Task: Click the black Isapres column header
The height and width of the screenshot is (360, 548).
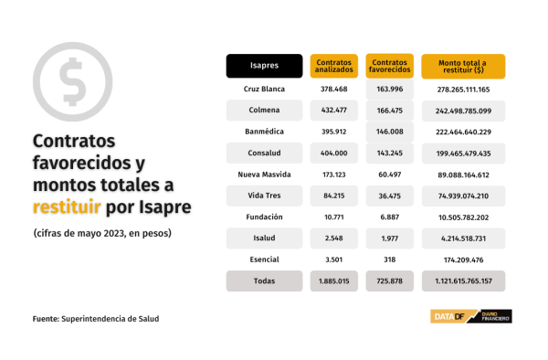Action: [264, 66]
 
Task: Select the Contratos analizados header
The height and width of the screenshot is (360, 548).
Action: [333, 66]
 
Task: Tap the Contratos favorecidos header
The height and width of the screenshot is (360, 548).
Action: [390, 66]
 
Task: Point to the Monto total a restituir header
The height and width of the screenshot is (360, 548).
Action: [463, 67]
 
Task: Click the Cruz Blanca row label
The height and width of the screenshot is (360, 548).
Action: [264, 90]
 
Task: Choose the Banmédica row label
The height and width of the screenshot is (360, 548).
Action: [264, 132]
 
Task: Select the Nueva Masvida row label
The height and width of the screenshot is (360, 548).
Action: [264, 175]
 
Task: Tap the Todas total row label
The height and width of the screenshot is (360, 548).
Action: [264, 281]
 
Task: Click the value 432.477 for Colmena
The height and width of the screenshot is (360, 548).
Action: [333, 110]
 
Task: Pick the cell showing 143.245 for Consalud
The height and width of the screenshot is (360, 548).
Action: [390, 154]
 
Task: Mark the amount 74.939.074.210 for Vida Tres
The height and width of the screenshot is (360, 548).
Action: [463, 196]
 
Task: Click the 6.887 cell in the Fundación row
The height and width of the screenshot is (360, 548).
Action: [390, 217]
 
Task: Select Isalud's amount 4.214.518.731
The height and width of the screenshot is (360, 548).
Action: [463, 238]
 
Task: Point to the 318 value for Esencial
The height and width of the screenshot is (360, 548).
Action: [390, 259]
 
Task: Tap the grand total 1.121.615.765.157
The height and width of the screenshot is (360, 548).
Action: [463, 281]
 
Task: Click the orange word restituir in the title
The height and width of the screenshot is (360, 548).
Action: [67, 206]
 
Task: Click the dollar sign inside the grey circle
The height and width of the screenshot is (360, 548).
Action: [73, 81]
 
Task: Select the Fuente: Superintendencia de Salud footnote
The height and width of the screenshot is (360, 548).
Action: [96, 319]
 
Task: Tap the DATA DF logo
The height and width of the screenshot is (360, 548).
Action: [471, 316]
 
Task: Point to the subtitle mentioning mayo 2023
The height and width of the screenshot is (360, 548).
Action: [102, 233]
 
